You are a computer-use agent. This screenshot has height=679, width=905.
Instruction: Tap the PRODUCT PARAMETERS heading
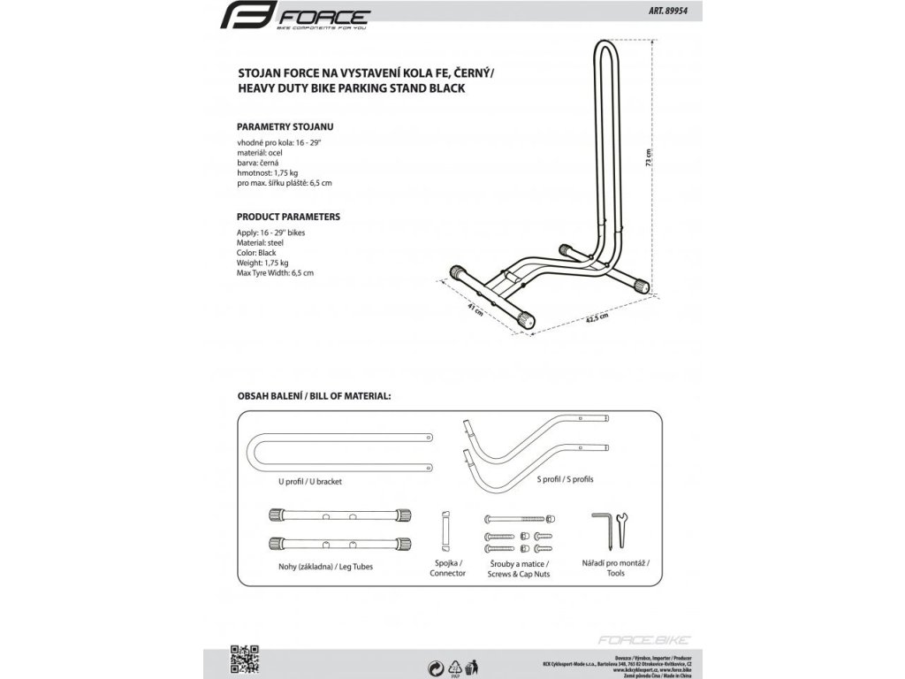pyautogui.click(x=288, y=217)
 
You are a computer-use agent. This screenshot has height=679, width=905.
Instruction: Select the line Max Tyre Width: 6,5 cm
pyautogui.click(x=275, y=274)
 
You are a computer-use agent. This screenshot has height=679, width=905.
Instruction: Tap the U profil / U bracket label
pyautogui.click(x=309, y=482)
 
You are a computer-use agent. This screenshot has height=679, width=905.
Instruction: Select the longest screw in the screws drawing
pyautogui.click(x=518, y=519)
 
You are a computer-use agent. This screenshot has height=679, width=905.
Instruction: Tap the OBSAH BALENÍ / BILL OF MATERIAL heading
pyautogui.click(x=313, y=395)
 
